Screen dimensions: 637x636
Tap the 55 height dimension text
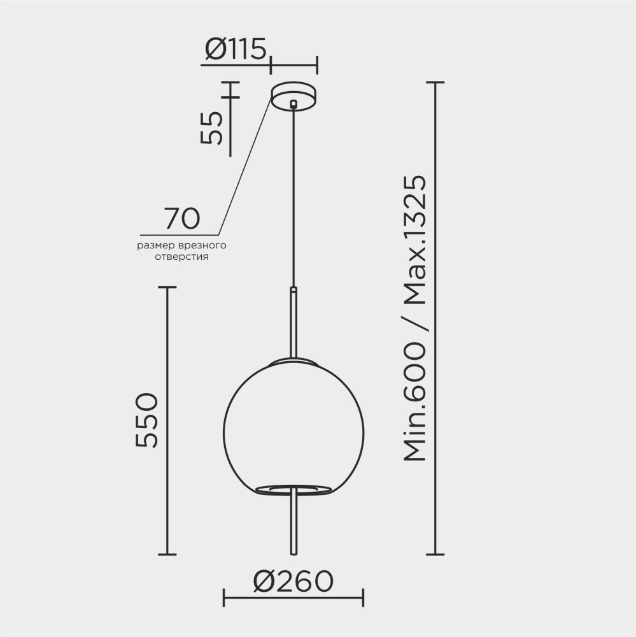[212, 127]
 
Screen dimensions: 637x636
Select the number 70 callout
[182, 218]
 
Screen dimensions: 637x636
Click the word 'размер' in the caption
[154, 245]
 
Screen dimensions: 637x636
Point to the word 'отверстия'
[182, 257]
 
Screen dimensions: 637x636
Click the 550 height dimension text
[146, 420]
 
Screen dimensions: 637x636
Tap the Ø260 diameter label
[293, 580]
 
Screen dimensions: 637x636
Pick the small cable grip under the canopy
[293, 104]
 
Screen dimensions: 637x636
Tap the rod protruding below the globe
[293, 522]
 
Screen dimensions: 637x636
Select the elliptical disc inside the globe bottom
[293, 489]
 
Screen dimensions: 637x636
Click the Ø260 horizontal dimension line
[293, 598]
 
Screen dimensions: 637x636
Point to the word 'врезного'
[205, 245]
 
